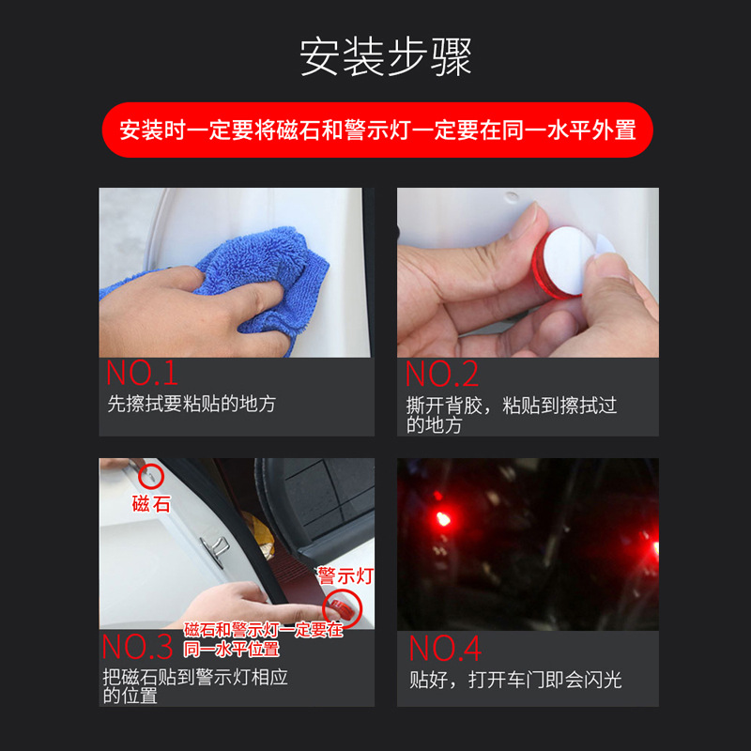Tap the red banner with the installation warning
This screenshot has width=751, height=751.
click(x=376, y=130)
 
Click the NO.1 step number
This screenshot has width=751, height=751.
click(x=142, y=373)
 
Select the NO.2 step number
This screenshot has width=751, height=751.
click(x=442, y=374)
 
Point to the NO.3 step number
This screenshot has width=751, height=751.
click(x=138, y=648)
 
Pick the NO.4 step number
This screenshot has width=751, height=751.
click(x=445, y=648)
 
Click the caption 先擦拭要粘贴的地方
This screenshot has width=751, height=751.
click(x=192, y=405)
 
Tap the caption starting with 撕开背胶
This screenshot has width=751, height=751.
click(x=512, y=414)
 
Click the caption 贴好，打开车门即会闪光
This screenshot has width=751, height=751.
click(x=515, y=679)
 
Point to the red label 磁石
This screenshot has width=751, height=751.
click(x=151, y=504)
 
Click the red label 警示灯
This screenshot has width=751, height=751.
click(x=345, y=575)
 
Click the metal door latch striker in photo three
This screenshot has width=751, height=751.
click(x=219, y=545)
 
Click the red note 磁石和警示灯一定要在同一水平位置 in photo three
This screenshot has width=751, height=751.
click(x=262, y=639)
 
